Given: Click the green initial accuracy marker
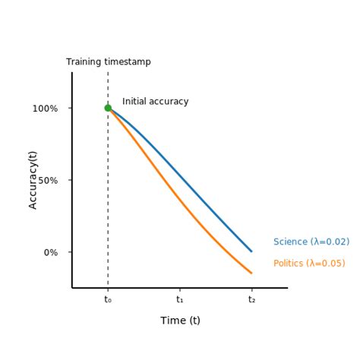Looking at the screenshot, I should (108, 108).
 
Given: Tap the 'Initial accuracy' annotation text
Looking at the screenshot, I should (155, 102).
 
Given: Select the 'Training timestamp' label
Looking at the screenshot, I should (108, 62).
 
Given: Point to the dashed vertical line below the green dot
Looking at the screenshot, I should (108, 197).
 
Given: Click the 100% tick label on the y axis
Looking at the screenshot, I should (45, 109).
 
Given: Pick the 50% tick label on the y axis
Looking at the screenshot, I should (48, 181).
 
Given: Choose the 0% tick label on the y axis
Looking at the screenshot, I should (51, 253).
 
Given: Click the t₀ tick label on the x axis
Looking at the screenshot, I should (108, 300).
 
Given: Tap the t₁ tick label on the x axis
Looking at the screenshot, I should (180, 300).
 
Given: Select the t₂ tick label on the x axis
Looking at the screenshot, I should (251, 300).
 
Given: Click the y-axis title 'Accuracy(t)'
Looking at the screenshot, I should (33, 180).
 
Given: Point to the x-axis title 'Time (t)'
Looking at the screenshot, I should (180, 321).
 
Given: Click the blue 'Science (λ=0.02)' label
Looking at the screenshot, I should (311, 242).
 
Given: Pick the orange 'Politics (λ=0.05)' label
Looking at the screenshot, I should (309, 264).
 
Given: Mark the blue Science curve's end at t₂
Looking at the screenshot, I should (251, 251).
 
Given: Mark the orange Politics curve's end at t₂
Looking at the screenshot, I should (251, 273).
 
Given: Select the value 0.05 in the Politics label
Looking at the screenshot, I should (332, 264).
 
